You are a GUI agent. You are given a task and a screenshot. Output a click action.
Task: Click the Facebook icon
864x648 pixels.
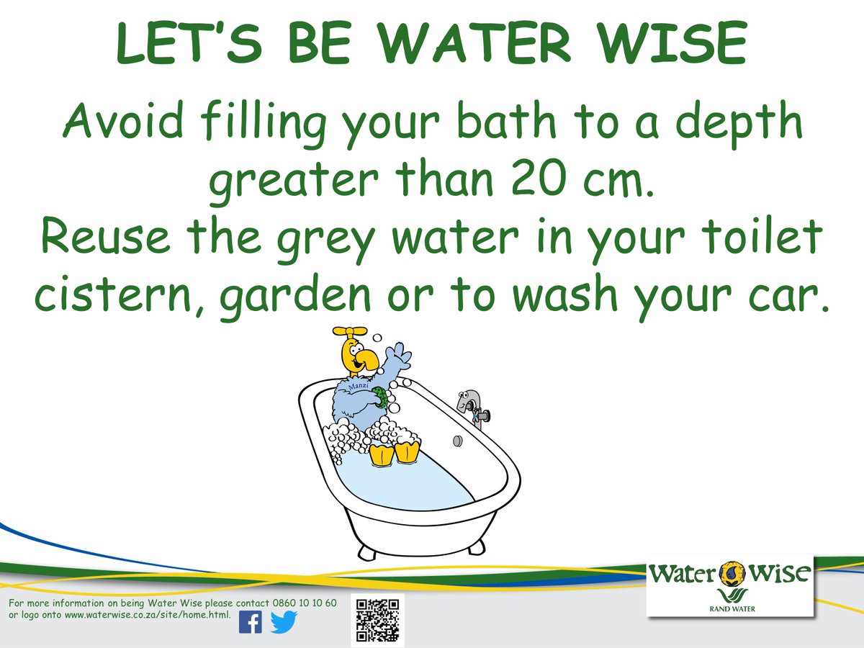[250, 621]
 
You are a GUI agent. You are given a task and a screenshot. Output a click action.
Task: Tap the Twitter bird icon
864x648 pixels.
[284, 621]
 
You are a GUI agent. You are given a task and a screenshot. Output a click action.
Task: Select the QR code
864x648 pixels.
[378, 619]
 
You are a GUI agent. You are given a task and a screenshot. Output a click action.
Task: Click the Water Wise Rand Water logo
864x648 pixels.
[729, 585]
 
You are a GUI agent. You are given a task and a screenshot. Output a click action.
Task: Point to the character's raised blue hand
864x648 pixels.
[398, 356]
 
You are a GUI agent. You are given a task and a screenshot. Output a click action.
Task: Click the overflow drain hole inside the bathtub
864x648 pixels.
[457, 439]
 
